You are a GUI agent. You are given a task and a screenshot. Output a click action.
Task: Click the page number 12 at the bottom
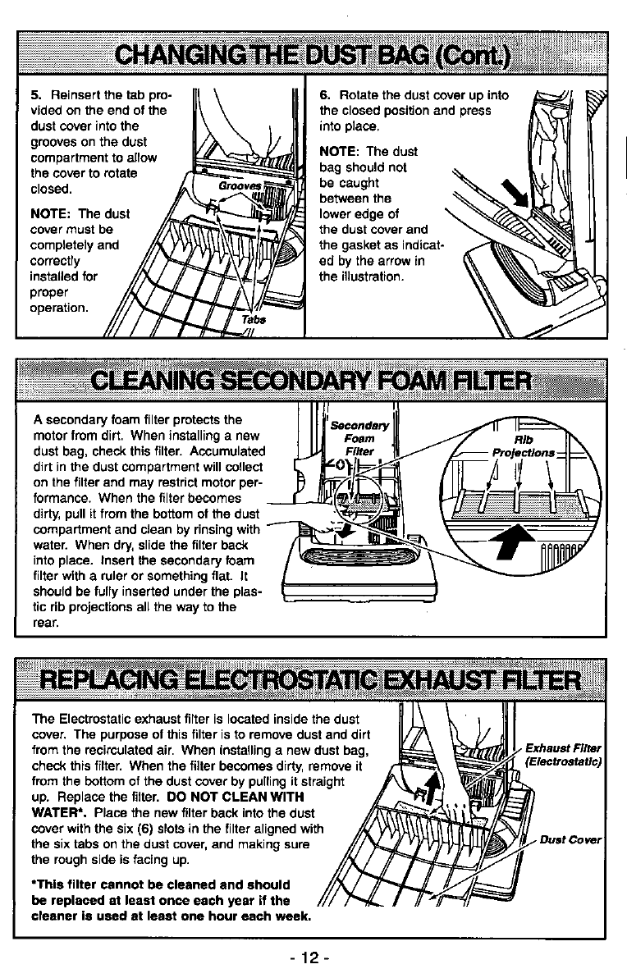(313, 958)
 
